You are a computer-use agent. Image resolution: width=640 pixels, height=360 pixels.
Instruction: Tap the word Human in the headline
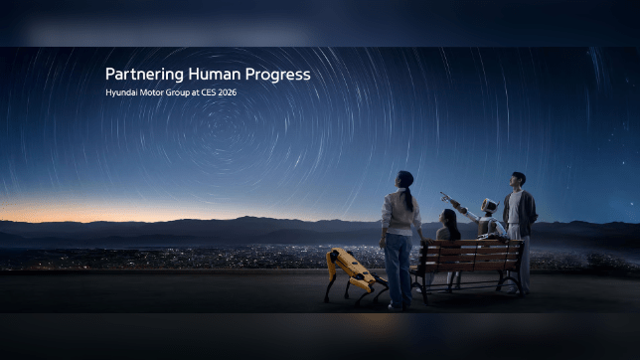point(206,75)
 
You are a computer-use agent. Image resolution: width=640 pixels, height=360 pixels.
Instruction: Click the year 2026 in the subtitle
point(226,92)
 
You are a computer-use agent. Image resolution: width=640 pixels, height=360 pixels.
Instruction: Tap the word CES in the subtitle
point(204,92)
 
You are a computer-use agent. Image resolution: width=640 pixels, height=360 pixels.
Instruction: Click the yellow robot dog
point(350,272)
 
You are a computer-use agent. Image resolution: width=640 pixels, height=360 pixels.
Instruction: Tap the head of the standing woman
point(403,179)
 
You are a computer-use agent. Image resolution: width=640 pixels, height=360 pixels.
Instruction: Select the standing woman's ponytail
point(409,197)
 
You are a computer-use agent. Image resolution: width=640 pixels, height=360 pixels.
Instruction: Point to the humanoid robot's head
point(488,207)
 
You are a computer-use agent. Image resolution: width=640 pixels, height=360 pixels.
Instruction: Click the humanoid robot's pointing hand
point(444,195)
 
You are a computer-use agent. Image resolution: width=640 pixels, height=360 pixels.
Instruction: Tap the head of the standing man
point(518,180)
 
